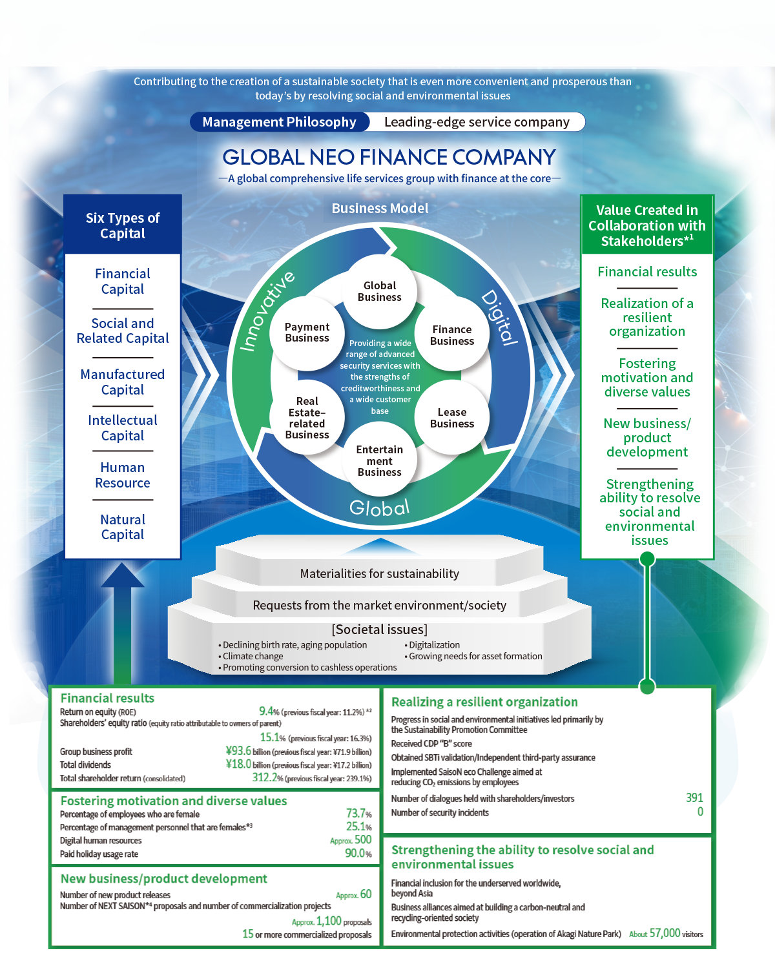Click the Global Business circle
(x=380, y=291)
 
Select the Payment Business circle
(x=307, y=333)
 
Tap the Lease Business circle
(x=452, y=418)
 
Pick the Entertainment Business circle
(x=380, y=461)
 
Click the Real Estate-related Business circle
(x=307, y=418)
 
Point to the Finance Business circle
(x=452, y=335)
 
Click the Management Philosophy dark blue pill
(x=279, y=122)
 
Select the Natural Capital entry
(x=123, y=527)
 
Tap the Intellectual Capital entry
(x=123, y=428)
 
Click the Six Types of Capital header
(x=123, y=225)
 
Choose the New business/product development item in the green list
(x=647, y=438)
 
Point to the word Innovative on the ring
(x=267, y=311)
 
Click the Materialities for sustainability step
(x=380, y=573)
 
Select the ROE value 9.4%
(x=266, y=712)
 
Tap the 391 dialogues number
(x=694, y=798)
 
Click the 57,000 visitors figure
(x=665, y=933)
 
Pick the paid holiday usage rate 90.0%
(x=358, y=854)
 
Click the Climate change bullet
(x=253, y=656)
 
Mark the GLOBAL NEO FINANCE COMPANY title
(x=389, y=157)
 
